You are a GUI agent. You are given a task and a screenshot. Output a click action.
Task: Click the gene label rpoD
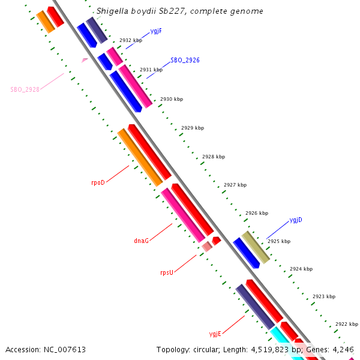click(x=98, y=182)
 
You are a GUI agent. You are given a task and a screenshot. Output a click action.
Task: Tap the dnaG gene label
click(x=141, y=241)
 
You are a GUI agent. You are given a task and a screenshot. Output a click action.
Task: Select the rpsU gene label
click(x=166, y=272)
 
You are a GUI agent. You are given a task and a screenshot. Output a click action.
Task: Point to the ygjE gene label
click(x=215, y=334)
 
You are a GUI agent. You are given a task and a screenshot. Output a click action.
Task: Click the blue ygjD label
click(x=296, y=220)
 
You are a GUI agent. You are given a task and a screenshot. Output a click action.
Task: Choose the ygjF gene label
click(x=156, y=30)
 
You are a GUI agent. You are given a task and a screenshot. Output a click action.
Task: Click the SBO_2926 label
click(x=185, y=60)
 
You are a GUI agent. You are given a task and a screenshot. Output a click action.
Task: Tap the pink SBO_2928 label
click(x=25, y=89)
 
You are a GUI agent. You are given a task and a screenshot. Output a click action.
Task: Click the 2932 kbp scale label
click(x=130, y=40)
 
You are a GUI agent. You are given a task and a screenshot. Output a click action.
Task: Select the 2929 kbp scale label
click(x=192, y=128)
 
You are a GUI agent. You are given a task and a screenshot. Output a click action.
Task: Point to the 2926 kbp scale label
click(x=256, y=213)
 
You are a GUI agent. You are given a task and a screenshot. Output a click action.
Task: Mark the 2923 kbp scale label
click(x=323, y=296)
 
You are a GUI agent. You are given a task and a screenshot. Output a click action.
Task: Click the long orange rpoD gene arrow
click(x=140, y=157)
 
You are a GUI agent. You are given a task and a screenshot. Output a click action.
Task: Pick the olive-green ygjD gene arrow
click(x=256, y=247)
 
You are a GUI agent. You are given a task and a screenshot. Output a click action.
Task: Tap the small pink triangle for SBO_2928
click(x=85, y=60)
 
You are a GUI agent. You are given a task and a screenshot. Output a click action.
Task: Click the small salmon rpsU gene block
click(x=207, y=246)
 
